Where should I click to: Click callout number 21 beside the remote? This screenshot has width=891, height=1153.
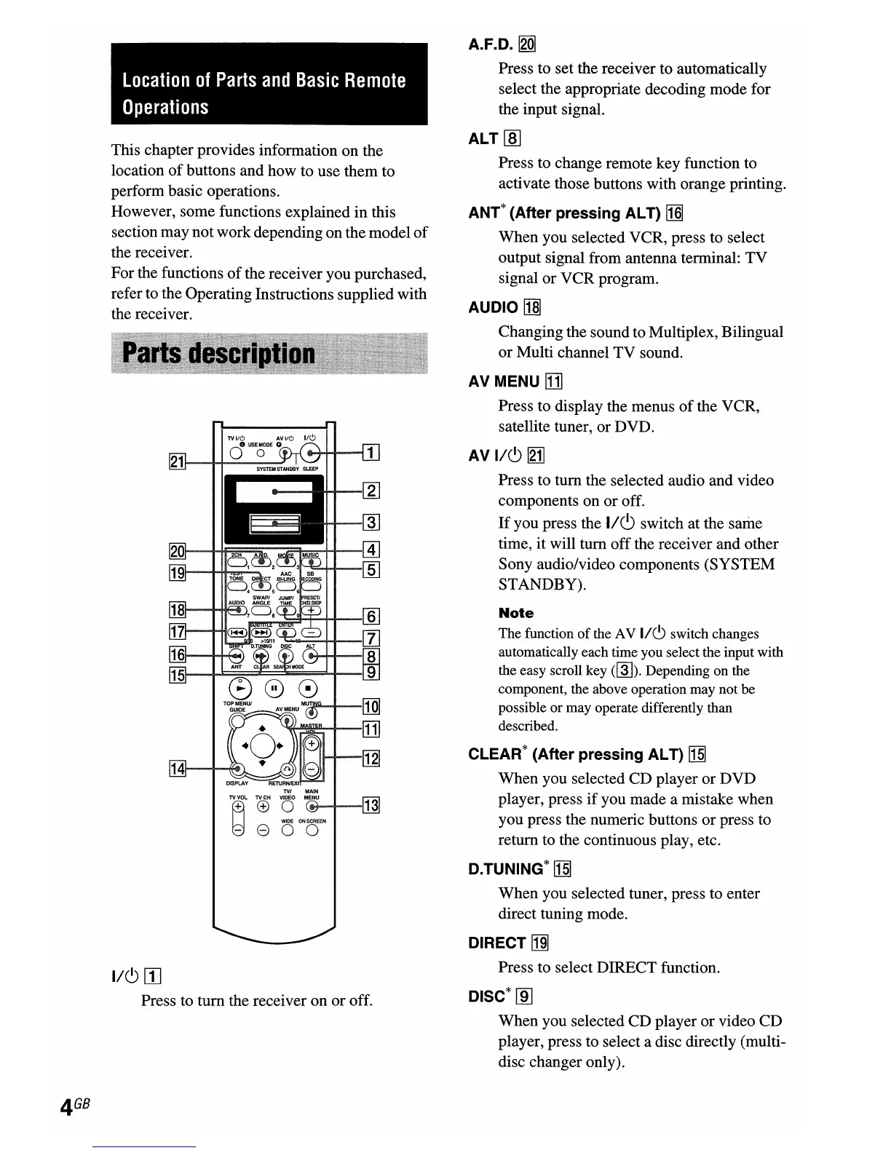(176, 461)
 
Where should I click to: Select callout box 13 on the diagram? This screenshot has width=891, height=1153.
(371, 805)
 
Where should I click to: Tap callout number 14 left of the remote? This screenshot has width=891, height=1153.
(176, 768)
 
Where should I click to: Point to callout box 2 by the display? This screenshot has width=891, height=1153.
(371, 491)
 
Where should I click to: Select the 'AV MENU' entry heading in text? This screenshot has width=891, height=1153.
(504, 381)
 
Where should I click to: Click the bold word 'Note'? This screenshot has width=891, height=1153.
(516, 614)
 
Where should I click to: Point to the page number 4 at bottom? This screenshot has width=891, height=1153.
(67, 1108)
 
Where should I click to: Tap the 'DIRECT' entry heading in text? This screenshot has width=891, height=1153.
(497, 943)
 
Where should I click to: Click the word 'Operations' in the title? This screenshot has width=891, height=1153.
(166, 108)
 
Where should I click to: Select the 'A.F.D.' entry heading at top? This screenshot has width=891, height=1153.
(491, 45)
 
